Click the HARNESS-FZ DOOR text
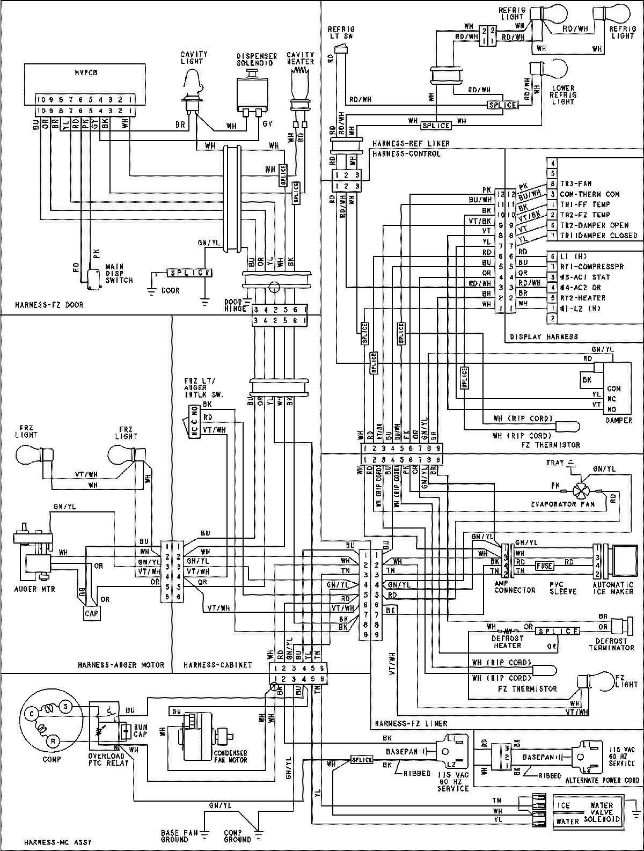coord(49,305)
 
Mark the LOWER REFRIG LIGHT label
coord(563,95)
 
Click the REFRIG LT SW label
coord(342,33)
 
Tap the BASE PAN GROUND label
coord(174,836)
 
